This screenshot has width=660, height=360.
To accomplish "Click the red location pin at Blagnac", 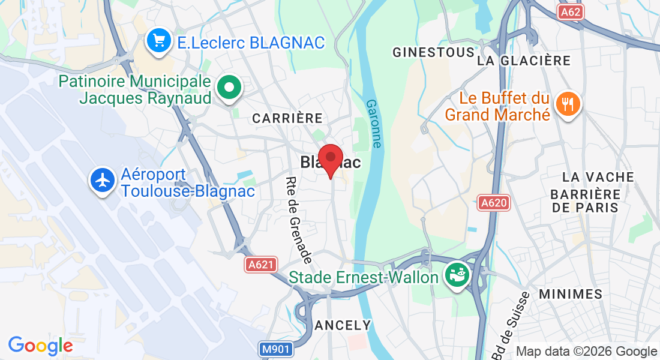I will (x=330, y=158).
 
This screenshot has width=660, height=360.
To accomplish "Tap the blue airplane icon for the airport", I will (x=103, y=180).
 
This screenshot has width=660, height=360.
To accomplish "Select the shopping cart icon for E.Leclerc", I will (x=159, y=41).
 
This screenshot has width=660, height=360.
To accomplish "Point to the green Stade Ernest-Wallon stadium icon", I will (x=456, y=276).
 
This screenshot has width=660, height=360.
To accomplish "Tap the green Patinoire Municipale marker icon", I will (x=229, y=88).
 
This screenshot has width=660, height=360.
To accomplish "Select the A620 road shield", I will (x=494, y=203).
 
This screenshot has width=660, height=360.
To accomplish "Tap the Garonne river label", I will (x=373, y=124).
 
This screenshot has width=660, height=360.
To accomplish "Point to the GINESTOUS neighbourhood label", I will (x=433, y=53).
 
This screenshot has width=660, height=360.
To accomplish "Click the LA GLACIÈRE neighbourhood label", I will (x=524, y=61).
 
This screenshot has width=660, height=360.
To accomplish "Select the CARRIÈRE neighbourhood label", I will (x=287, y=118).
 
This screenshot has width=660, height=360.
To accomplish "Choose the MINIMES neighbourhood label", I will (x=571, y=294).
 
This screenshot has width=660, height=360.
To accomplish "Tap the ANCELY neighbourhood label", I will (x=343, y=325).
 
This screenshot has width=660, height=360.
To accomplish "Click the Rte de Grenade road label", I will (x=299, y=220).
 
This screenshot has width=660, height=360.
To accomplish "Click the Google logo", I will (x=40, y=346).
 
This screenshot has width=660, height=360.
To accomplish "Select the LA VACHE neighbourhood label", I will (x=598, y=177).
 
